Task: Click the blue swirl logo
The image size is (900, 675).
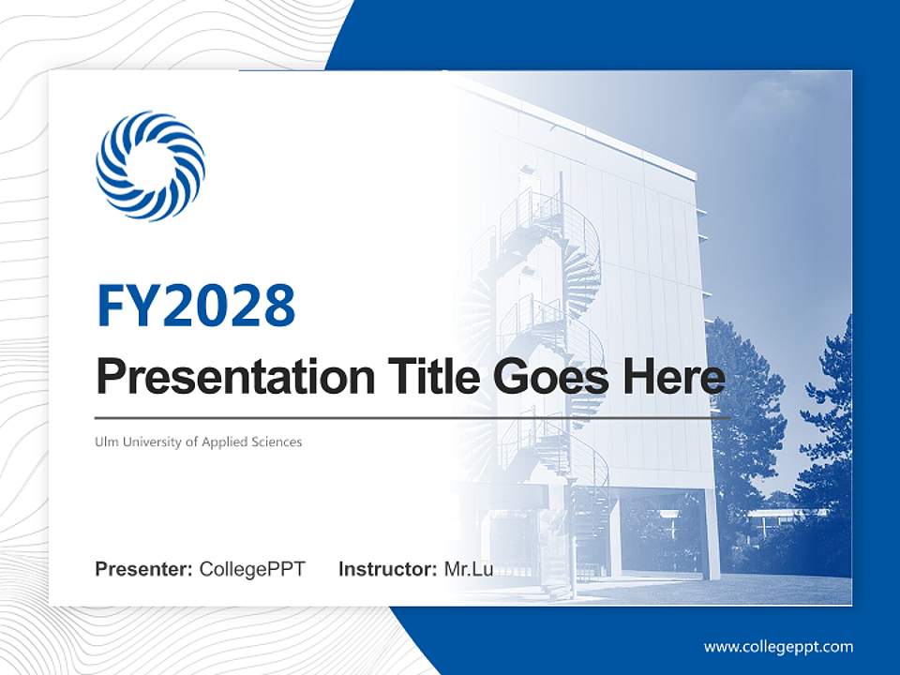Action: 150,166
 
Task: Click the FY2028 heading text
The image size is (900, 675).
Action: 196,305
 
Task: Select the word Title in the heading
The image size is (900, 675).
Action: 413,377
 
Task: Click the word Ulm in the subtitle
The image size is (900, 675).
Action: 105,442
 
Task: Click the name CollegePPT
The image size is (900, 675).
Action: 252,569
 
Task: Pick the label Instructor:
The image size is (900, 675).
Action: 387,569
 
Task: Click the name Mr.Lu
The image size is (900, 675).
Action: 469,569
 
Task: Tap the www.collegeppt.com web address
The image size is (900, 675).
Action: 778,647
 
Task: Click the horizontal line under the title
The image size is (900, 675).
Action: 412,418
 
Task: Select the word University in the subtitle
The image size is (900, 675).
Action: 150,442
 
